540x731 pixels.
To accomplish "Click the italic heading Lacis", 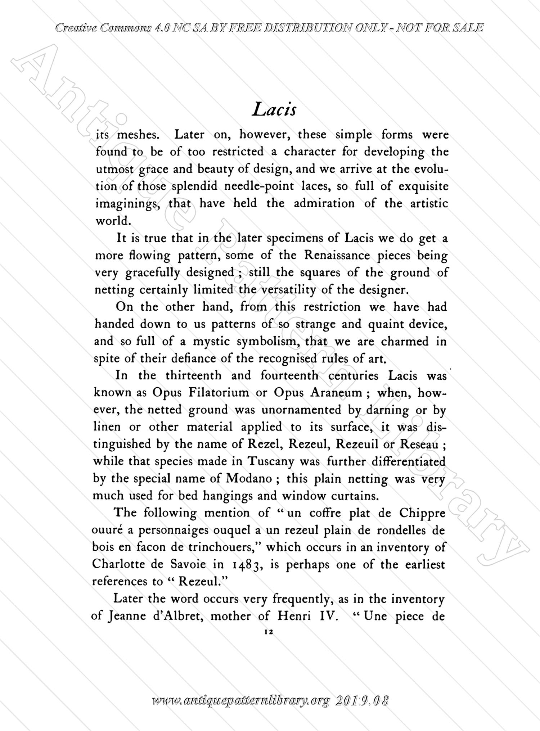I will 274,109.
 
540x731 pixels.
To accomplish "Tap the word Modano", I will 249,478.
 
